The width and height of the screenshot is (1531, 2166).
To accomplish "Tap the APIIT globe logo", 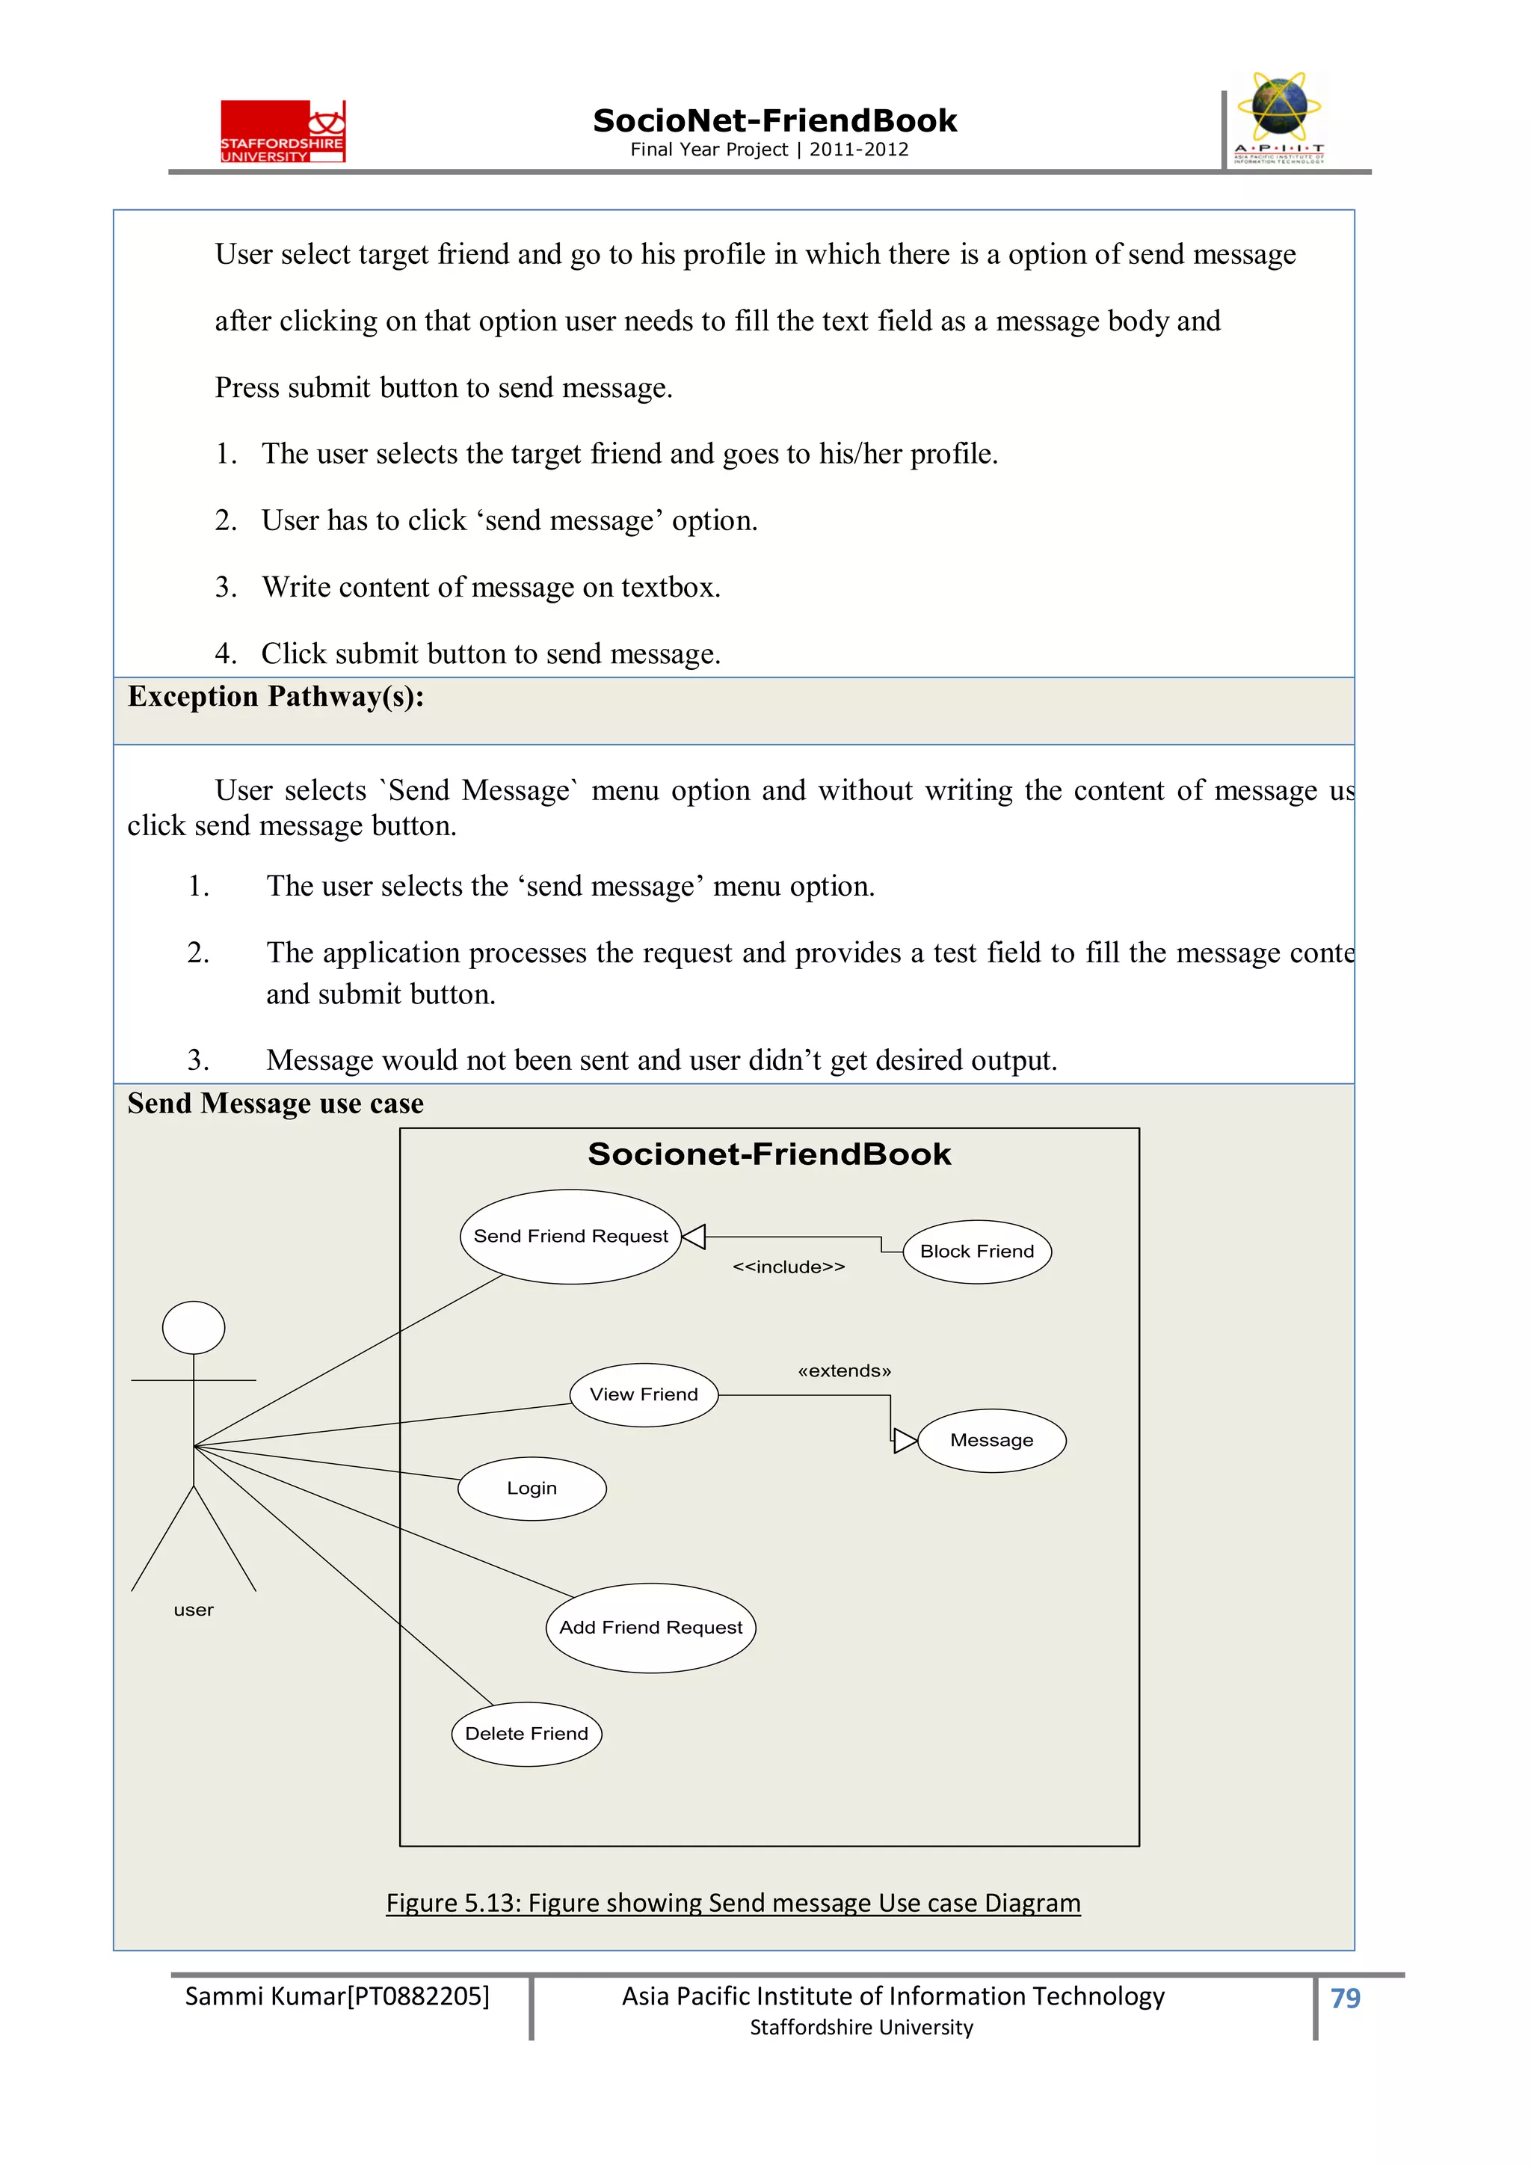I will click(1278, 118).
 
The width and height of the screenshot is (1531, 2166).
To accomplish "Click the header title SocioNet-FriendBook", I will click(774, 121).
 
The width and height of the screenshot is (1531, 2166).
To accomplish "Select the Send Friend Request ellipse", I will click(570, 1236).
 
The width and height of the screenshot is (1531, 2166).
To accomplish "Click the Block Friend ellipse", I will click(976, 1251).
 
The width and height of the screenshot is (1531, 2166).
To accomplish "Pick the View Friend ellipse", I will click(644, 1394).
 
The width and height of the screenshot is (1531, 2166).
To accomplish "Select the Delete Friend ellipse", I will click(526, 1733).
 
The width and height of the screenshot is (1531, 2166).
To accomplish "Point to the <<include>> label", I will click(789, 1267).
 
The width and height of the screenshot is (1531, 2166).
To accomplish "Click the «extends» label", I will click(844, 1370).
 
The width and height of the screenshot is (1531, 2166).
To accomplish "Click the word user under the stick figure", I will click(194, 1610).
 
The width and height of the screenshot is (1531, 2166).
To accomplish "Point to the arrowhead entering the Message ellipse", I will click(905, 1441).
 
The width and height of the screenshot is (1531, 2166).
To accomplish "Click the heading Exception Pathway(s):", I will click(275, 696).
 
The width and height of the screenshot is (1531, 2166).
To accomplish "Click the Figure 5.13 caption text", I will click(733, 1902).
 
